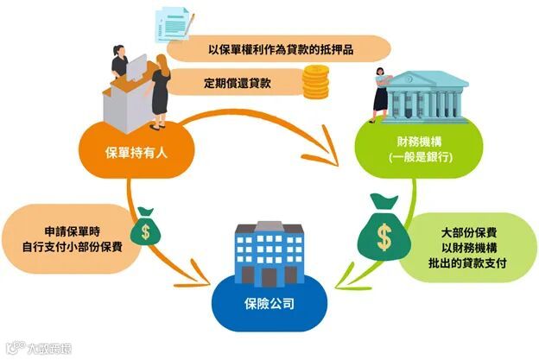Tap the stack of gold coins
(x=314, y=84)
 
